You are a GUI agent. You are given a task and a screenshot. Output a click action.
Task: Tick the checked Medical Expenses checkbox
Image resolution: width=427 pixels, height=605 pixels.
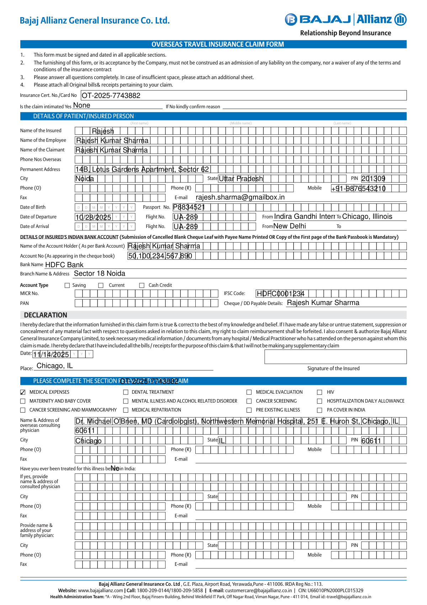click(23, 392)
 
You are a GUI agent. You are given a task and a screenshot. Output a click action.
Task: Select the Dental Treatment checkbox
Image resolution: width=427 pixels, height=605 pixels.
click(126, 392)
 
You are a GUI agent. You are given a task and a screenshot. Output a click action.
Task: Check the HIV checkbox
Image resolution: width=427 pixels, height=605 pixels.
click(320, 392)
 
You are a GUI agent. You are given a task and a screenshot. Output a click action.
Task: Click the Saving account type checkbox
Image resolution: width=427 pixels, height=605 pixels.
click(67, 285)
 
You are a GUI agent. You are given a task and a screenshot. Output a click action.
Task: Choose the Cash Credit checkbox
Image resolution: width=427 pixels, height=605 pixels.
click(142, 285)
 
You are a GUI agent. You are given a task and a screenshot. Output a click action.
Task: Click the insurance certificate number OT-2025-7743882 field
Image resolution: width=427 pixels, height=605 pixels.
click(111, 95)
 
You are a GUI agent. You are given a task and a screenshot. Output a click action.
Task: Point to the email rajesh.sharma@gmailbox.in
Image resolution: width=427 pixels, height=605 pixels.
click(240, 197)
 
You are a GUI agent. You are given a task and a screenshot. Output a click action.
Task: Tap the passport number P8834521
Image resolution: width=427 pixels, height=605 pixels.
click(189, 207)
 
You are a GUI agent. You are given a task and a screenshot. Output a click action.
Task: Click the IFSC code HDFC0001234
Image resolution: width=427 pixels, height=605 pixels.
click(280, 294)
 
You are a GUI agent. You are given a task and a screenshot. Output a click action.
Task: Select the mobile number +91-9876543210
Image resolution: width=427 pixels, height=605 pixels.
click(358, 188)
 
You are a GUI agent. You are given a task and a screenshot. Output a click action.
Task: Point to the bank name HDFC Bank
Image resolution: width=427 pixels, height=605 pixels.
click(64, 265)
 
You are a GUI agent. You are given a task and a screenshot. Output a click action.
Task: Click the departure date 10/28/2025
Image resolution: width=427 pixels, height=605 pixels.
click(93, 217)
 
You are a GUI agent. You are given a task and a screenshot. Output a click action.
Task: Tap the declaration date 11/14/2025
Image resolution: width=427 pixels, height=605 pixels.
click(51, 355)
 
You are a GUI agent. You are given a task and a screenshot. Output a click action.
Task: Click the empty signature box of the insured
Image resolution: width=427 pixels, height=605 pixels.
click(335, 357)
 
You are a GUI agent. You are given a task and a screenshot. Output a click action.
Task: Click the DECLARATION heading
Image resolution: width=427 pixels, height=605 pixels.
click(46, 315)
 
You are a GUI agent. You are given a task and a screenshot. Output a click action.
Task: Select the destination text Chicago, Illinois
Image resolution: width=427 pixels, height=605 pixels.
click(367, 217)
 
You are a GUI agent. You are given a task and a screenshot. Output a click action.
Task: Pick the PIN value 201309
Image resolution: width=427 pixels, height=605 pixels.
click(373, 179)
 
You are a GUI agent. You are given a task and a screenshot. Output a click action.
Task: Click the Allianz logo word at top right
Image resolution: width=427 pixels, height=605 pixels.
click(374, 19)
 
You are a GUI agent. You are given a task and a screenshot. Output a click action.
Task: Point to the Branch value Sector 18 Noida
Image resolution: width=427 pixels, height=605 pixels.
click(100, 274)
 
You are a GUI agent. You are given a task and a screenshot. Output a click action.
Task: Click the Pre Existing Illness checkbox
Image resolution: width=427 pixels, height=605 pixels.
click(249, 410)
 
